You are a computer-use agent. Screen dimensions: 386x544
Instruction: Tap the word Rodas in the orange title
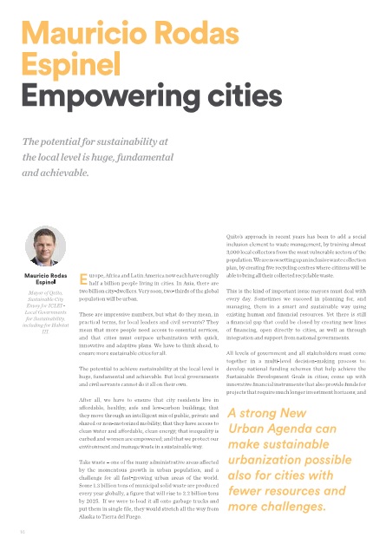pyautogui.click(x=200, y=35)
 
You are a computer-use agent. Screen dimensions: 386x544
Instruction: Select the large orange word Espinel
pyautogui.click(x=71, y=65)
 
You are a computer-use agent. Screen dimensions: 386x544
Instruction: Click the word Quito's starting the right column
pyautogui.click(x=236, y=238)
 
